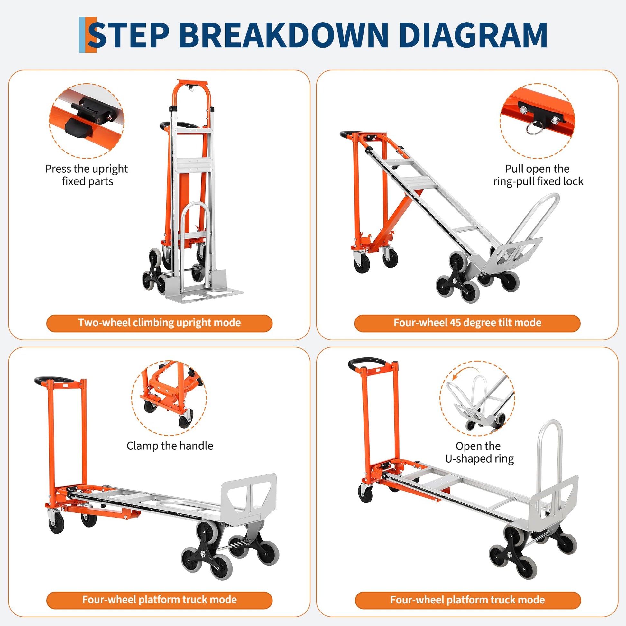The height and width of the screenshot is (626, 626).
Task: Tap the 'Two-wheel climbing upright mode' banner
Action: [x=160, y=323]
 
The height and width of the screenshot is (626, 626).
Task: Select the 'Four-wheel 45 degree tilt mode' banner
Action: [x=467, y=323]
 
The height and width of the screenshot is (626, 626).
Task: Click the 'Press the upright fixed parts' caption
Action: [x=87, y=175]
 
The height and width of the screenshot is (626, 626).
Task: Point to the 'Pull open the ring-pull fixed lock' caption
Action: [x=538, y=175]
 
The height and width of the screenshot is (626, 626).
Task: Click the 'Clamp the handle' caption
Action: [x=170, y=446]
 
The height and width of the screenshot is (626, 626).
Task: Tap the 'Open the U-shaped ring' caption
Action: [x=479, y=452]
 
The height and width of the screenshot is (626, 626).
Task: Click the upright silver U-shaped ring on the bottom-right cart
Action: [x=549, y=454]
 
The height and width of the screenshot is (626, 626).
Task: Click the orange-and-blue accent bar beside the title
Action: [x=87, y=35]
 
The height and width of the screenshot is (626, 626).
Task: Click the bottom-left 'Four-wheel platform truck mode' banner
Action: [x=160, y=600]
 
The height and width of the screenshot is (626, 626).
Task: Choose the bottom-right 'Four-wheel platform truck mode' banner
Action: [x=467, y=600]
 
